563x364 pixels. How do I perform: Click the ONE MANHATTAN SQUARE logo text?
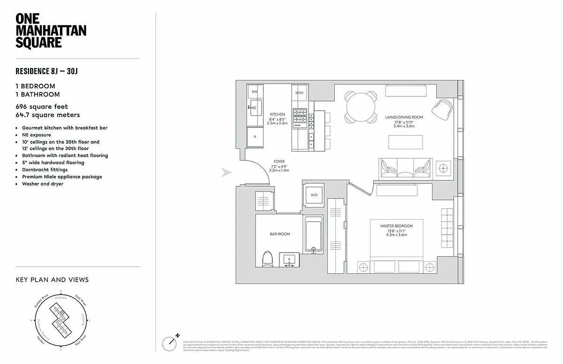51,30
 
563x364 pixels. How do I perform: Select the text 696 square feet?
42,106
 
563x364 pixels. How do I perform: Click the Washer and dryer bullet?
42,184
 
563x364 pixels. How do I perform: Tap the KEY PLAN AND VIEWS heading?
52,279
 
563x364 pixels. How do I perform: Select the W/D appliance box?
314,195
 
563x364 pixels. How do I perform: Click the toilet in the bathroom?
268,259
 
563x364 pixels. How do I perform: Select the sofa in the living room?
406,168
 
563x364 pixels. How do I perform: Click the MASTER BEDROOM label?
397,226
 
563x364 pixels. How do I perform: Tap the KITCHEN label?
277,114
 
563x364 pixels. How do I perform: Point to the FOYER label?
279,161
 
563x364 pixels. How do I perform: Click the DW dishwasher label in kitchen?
254,92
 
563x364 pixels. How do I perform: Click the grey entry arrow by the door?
226,172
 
